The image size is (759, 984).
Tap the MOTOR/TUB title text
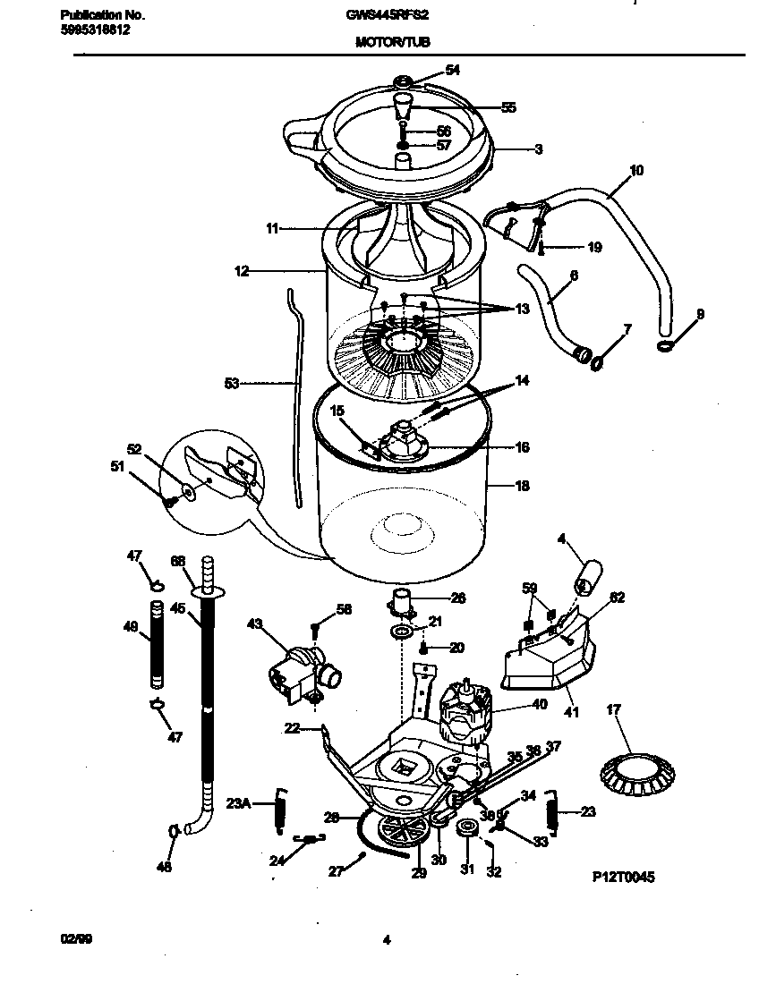(386, 42)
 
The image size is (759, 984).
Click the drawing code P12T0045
(623, 878)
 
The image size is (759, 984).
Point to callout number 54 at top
(453, 71)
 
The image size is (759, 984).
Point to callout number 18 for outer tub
(522, 487)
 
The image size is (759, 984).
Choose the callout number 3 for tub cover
(539, 149)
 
